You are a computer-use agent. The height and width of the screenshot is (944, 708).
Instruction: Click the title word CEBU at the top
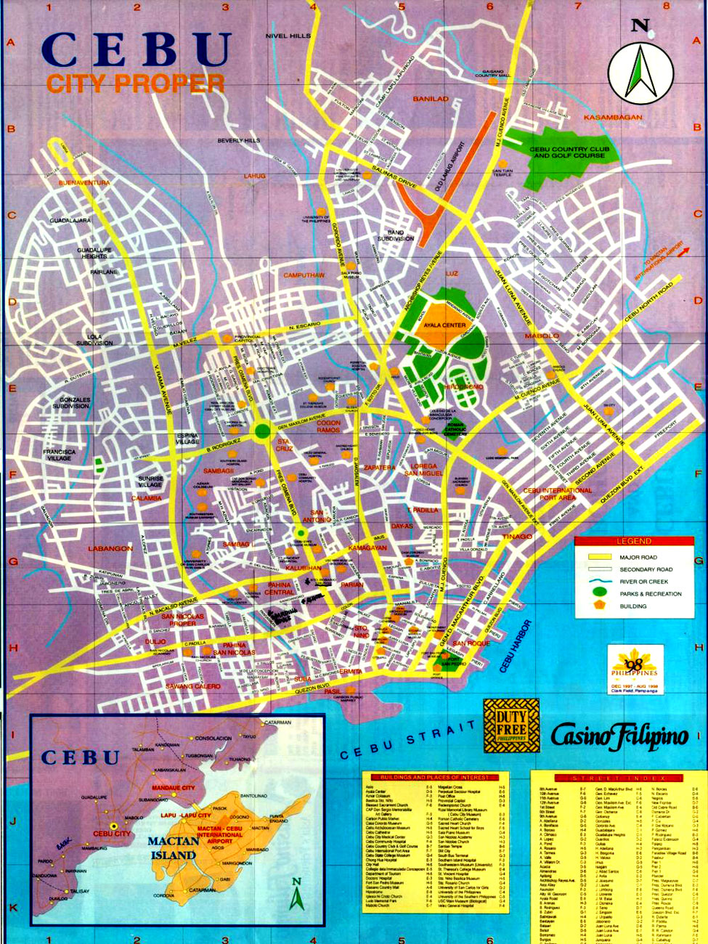pos(136,50)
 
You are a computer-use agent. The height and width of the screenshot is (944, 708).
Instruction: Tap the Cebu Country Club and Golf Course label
pos(569,152)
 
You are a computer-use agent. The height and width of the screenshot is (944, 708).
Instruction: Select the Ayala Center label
pos(444,325)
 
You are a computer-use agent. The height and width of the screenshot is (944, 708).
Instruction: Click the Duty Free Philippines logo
pos(511,725)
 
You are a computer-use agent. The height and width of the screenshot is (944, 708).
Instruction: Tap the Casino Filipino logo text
pos(619,736)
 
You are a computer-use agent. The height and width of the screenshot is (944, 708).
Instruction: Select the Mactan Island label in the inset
pos(174,847)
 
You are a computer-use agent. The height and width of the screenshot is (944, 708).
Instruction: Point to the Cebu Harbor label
pos(515,646)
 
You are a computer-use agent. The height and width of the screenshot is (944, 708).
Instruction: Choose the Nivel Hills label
pos(288,36)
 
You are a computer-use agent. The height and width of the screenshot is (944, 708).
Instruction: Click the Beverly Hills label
pos(238,140)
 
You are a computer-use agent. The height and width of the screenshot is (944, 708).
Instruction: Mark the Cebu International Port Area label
pos(558,494)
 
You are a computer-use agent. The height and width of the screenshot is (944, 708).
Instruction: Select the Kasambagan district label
pos(613,117)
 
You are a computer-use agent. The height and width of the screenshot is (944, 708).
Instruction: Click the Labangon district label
pos(110,548)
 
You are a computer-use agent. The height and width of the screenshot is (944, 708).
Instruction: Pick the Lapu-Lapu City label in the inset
pos(186,815)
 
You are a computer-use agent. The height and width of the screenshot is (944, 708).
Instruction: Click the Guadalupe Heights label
pos(94,253)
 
